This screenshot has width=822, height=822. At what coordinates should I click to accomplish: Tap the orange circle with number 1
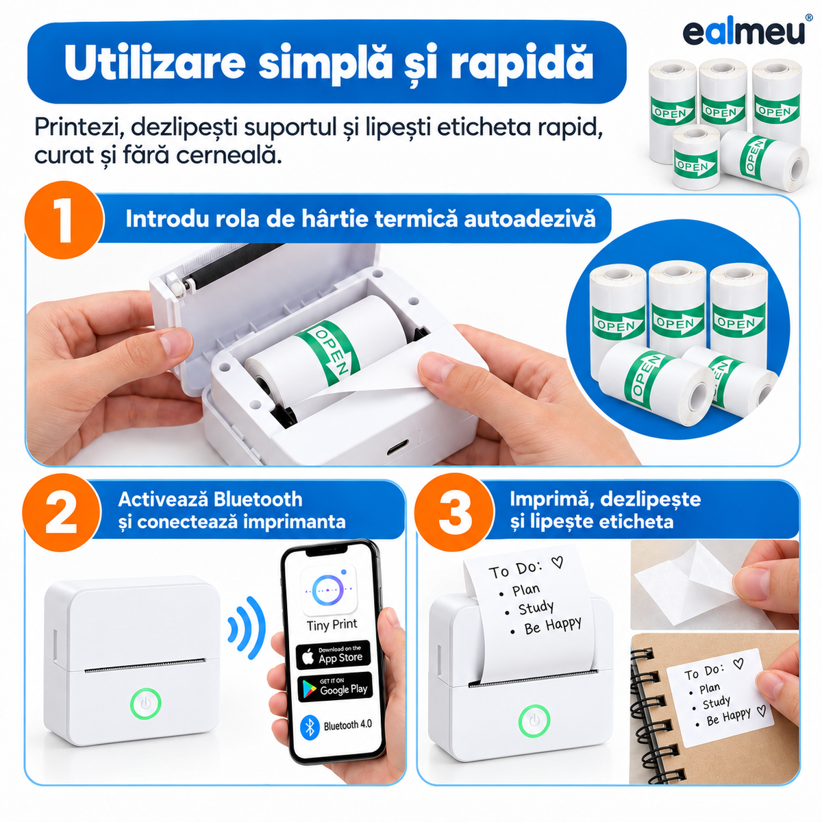(64, 220)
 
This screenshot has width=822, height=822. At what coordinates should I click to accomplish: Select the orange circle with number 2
(62, 512)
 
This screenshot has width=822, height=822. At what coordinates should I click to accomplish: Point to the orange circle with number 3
(455, 512)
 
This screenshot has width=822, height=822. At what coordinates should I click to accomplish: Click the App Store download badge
(334, 656)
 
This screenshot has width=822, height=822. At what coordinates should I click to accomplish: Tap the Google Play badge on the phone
(335, 687)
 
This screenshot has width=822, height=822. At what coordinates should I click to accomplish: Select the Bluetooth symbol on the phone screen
(310, 727)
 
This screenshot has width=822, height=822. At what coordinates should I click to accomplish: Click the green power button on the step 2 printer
(145, 703)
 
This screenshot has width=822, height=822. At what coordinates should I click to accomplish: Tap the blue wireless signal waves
(247, 628)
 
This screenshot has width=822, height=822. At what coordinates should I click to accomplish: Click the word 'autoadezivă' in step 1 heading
(530, 219)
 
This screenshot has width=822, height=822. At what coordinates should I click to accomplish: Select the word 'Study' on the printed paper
(536, 608)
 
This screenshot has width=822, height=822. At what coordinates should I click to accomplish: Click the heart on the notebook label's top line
(738, 663)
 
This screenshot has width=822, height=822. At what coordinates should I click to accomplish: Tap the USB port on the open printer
(397, 449)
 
